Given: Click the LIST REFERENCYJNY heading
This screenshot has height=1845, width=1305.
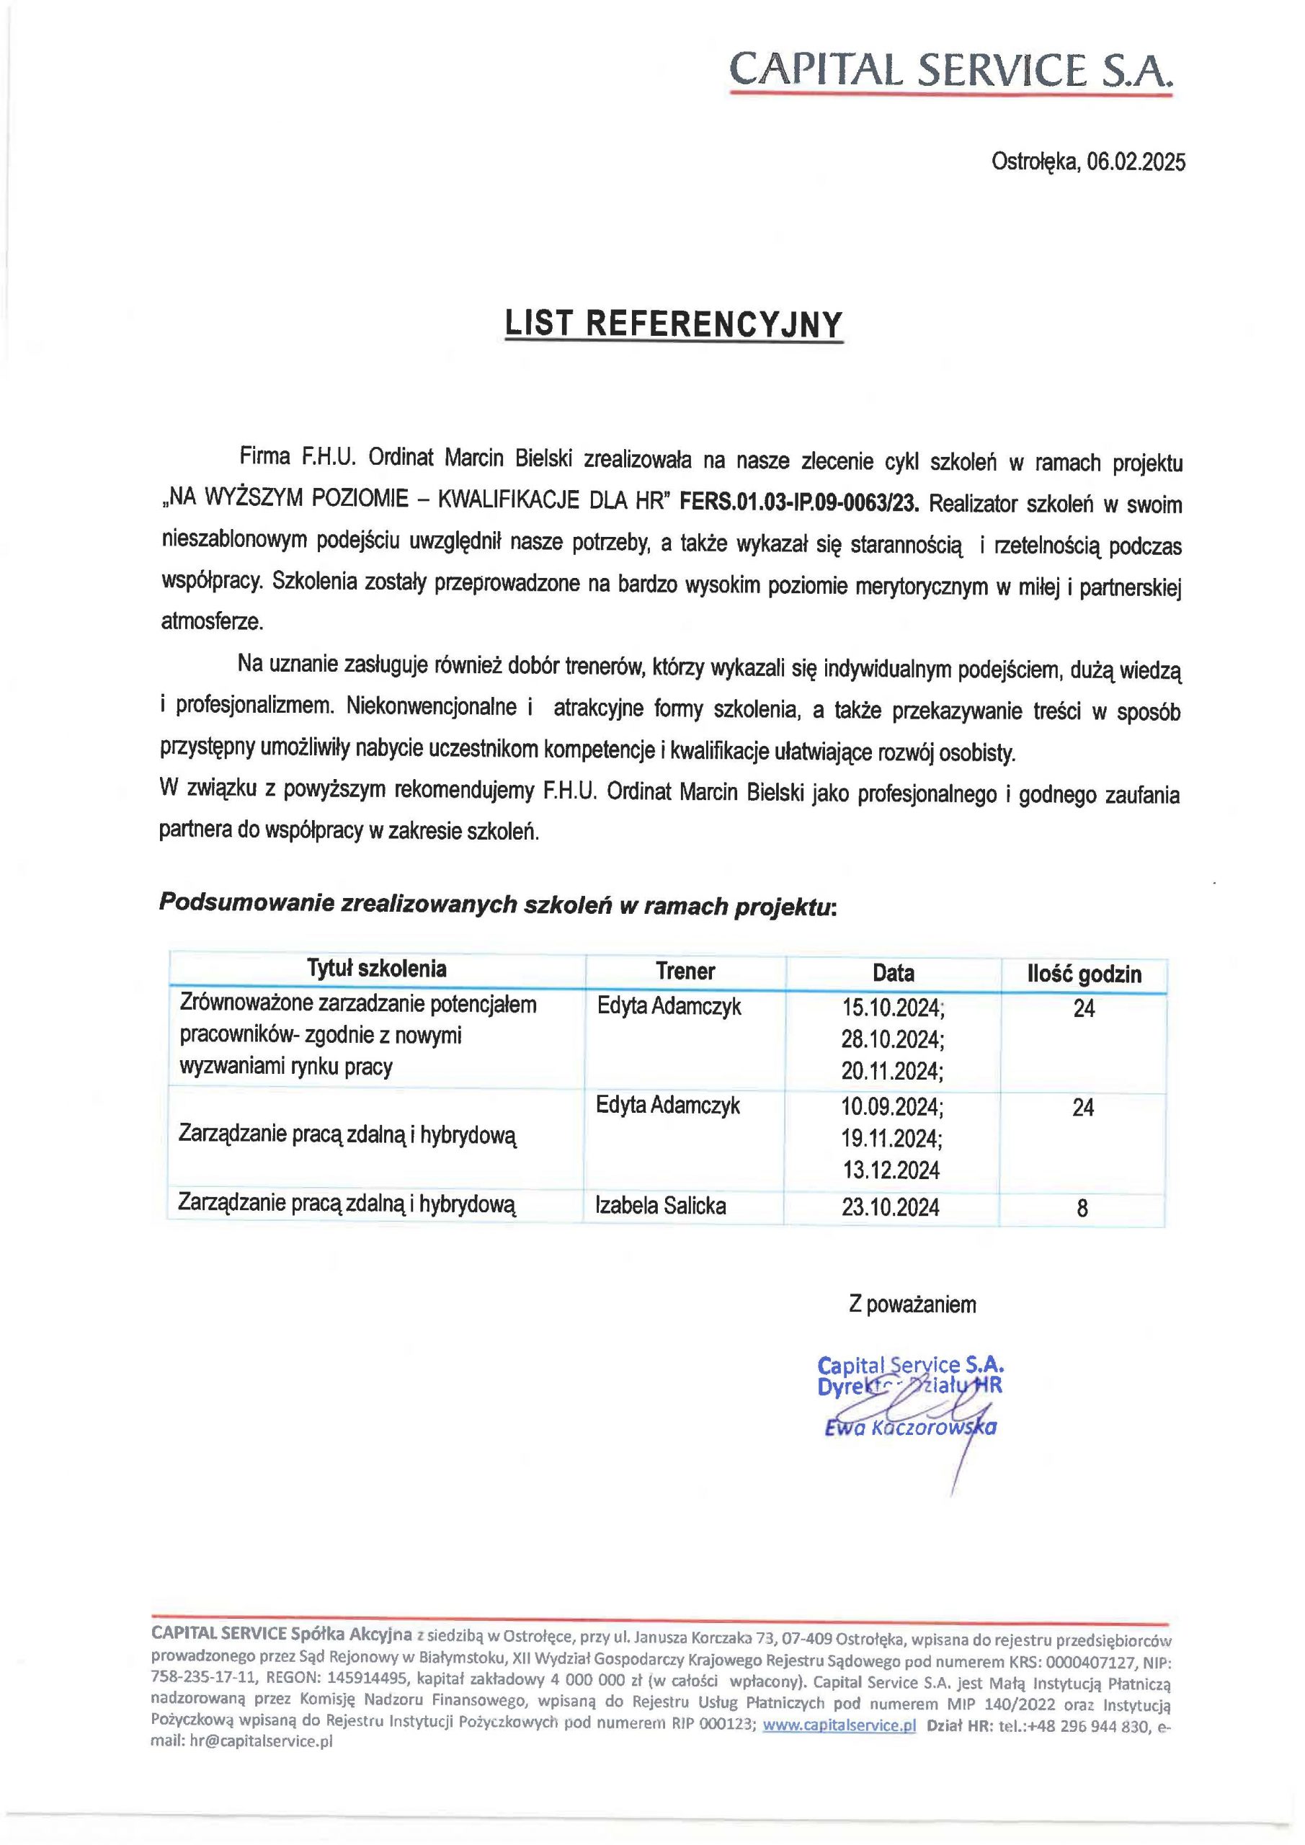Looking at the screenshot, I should click(x=673, y=324).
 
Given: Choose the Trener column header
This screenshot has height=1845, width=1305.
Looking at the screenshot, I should click(x=685, y=972).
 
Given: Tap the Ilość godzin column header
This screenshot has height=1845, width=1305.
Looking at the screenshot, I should click(x=1083, y=974).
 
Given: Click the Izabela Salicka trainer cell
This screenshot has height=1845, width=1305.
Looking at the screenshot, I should click(x=661, y=1205).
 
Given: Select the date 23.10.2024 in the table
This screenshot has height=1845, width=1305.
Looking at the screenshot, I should click(x=891, y=1207).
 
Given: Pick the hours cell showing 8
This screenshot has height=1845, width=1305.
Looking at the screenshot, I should click(x=1082, y=1208).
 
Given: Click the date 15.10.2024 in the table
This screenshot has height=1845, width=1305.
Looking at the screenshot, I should click(x=892, y=1008).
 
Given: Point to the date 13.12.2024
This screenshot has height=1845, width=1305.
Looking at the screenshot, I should click(x=891, y=1170).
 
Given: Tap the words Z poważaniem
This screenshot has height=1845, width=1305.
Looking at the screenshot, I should click(x=912, y=1304).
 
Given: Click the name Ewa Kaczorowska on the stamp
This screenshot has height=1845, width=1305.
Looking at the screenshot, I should click(x=909, y=1428).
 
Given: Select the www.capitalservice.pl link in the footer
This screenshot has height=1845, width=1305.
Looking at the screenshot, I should click(x=839, y=1725).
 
